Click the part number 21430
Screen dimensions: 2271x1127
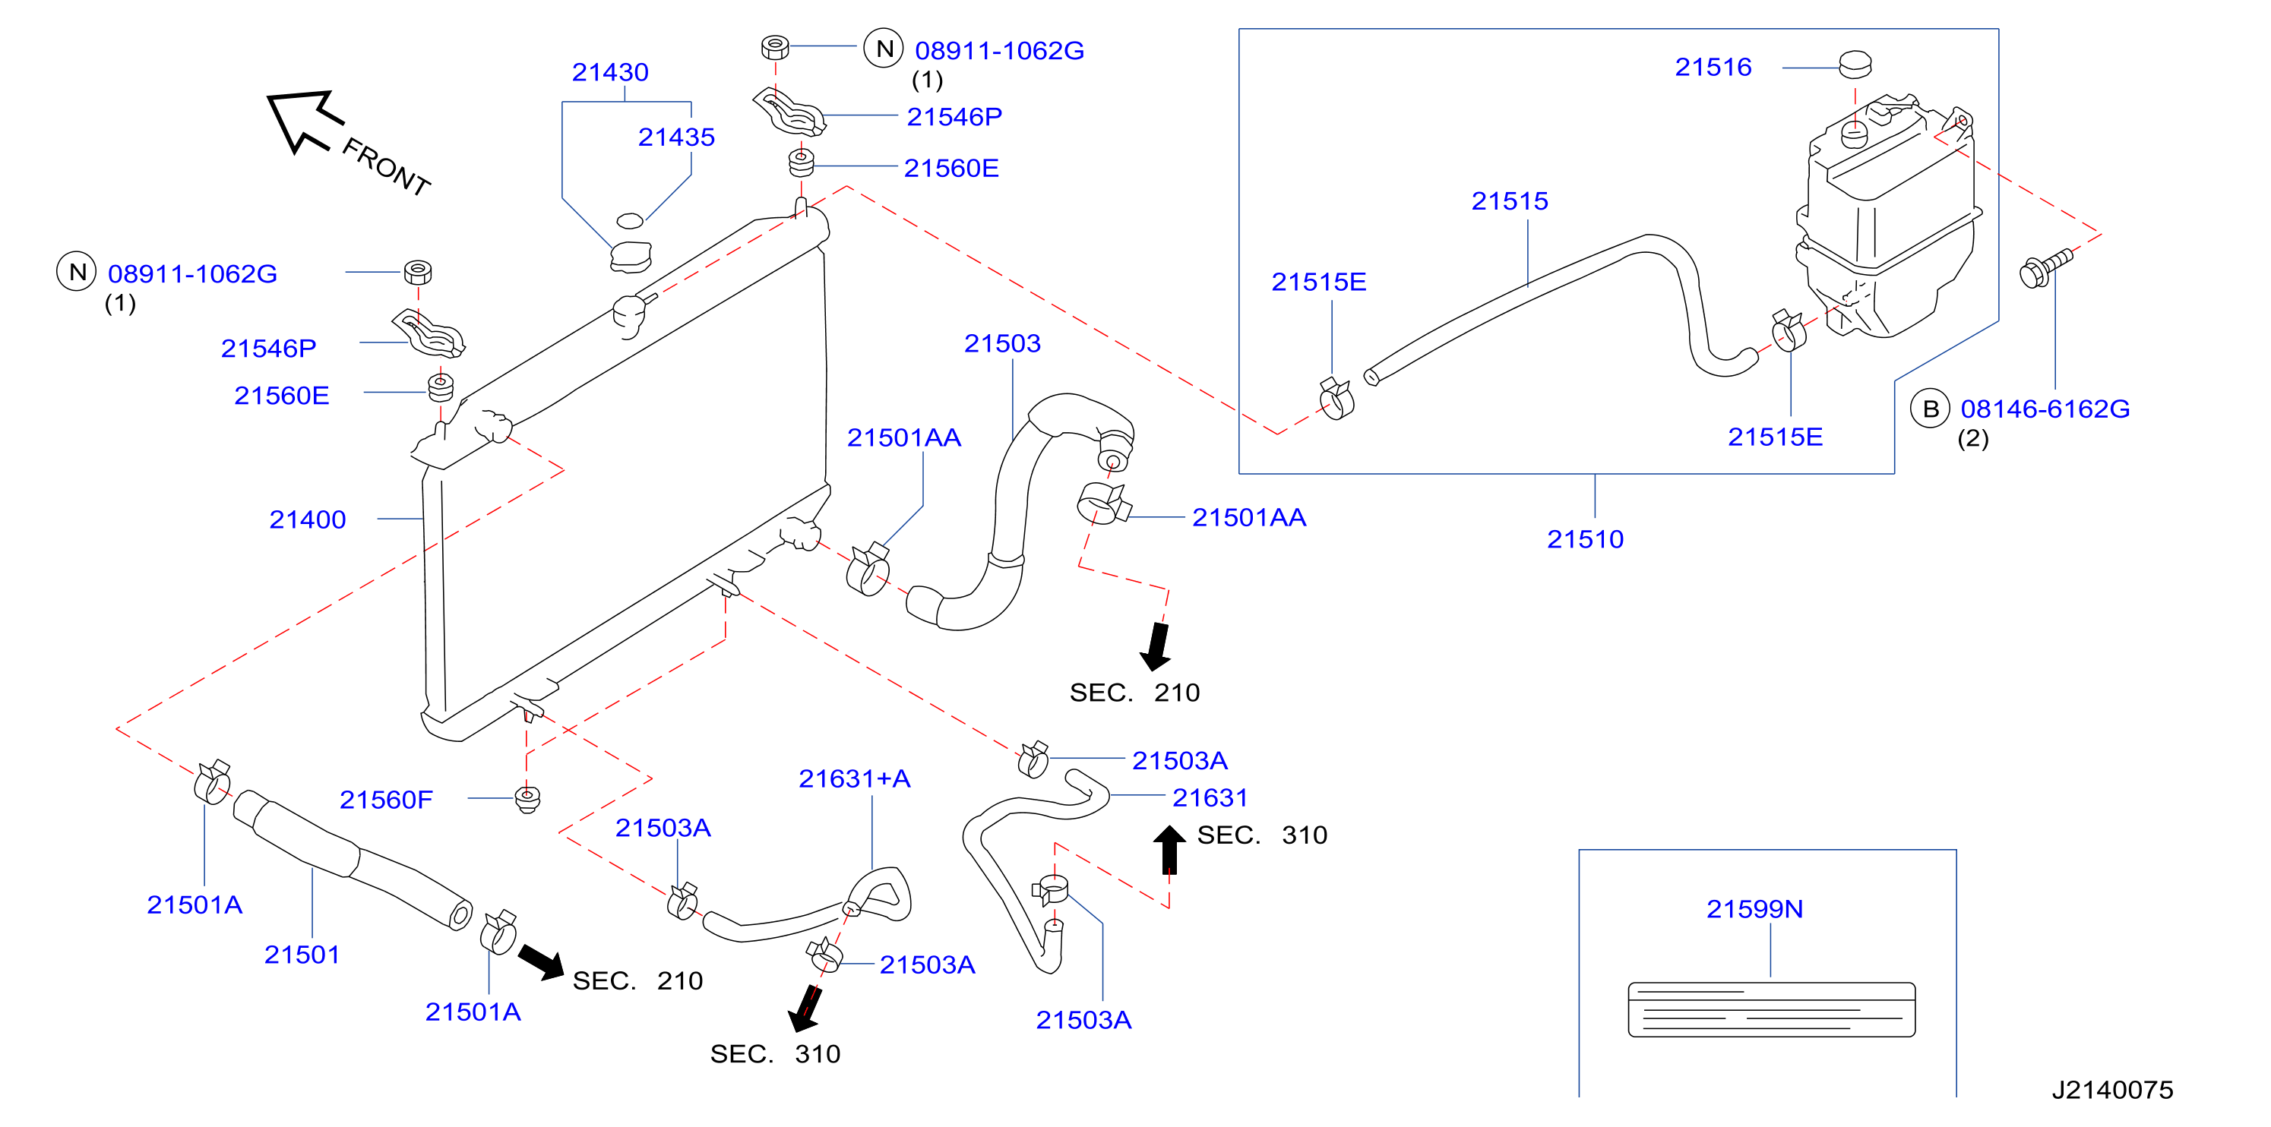610,71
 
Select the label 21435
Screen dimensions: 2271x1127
676,137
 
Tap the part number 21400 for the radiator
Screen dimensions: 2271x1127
308,519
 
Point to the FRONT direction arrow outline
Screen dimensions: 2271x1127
303,121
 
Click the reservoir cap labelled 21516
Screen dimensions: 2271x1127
1855,64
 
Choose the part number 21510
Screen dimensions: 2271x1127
1585,538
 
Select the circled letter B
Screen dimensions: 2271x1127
1930,409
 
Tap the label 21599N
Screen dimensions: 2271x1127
1754,908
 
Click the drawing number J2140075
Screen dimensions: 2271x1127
2112,1090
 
